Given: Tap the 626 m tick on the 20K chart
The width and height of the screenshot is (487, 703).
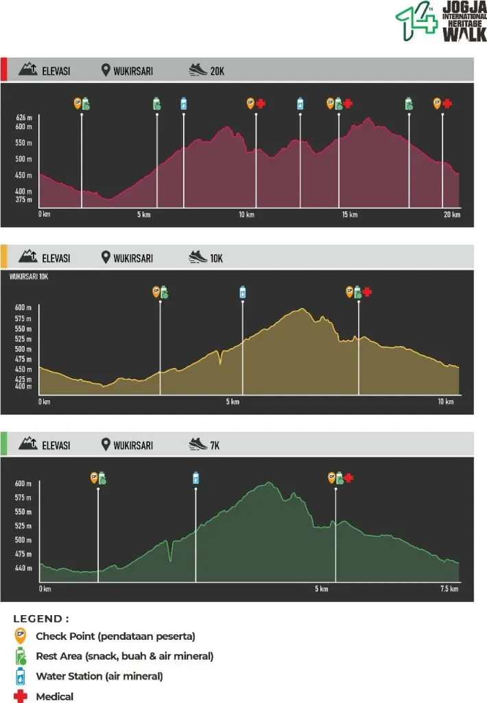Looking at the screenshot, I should click(x=25, y=117).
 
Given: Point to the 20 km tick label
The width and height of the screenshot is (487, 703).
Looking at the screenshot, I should click(x=451, y=215).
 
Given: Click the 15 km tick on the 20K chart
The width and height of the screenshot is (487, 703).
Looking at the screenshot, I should click(x=349, y=215).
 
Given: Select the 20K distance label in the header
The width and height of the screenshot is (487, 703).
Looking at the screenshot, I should click(x=217, y=70).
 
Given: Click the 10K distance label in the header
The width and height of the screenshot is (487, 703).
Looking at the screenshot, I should click(x=217, y=258).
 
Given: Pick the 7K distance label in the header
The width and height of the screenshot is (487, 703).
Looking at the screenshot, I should click(x=215, y=445).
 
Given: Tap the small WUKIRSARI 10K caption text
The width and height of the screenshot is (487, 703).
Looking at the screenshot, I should click(x=29, y=277).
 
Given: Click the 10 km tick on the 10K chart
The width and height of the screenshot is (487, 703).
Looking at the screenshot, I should click(x=447, y=402).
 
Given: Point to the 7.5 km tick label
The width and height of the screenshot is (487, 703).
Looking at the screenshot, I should click(x=449, y=589).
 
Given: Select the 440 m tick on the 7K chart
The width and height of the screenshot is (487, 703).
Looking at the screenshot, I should click(x=23, y=568).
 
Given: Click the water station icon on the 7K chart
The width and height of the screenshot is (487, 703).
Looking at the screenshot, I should click(x=196, y=477).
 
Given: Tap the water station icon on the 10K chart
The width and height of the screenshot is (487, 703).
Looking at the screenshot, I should click(x=242, y=292).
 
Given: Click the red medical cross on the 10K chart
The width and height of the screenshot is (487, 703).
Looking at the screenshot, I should click(x=367, y=292).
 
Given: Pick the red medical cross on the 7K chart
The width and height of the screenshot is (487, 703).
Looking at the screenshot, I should click(x=349, y=478).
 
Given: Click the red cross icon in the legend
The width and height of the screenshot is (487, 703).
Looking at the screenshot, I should click(x=21, y=696).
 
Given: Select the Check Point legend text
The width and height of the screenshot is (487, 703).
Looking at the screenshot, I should click(x=115, y=636).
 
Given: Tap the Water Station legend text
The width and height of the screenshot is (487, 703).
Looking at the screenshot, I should click(x=99, y=676).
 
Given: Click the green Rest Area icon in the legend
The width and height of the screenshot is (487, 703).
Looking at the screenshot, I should click(x=21, y=655).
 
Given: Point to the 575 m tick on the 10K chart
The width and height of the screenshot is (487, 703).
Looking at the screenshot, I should click(x=23, y=319).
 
